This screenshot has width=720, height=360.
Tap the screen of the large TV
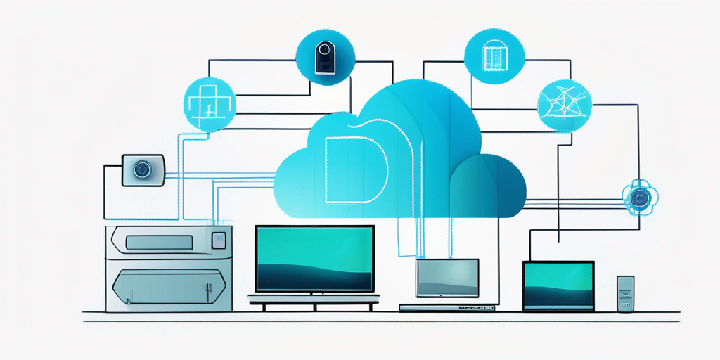[314, 257]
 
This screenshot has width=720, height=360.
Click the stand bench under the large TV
[314, 301]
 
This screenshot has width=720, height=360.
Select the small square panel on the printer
[218, 240]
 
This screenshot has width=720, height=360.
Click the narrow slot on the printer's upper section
[158, 243]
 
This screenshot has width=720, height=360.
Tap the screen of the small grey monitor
[447, 278]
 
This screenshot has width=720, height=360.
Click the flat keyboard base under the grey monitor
[447, 308]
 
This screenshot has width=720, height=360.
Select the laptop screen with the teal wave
[558, 283]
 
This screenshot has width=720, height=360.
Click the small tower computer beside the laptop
[625, 293]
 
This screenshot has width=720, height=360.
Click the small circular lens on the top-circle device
[323, 51]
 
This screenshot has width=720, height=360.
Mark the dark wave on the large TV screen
[314, 278]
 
